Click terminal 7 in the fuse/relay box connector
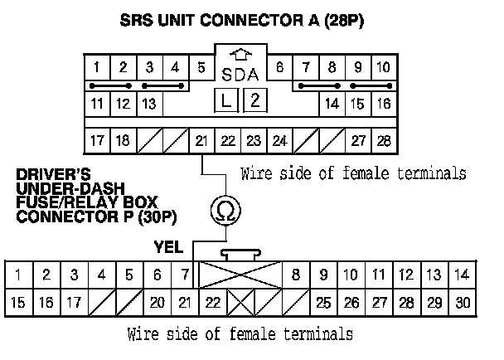tap(184, 274)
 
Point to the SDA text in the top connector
tap(241, 75)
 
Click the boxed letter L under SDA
tap(226, 102)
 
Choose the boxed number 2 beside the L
tap(256, 102)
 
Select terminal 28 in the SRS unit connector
tap(383, 140)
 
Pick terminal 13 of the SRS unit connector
tap(150, 105)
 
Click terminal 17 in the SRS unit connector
tap(97, 140)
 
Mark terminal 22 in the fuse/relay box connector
tap(213, 304)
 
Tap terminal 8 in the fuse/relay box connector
tap(295, 274)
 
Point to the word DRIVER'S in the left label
tap(49, 176)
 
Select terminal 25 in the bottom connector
tap(324, 304)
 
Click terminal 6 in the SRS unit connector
tap(279, 67)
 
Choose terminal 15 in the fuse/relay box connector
tap(18, 304)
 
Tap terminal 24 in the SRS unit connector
tap(279, 140)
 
